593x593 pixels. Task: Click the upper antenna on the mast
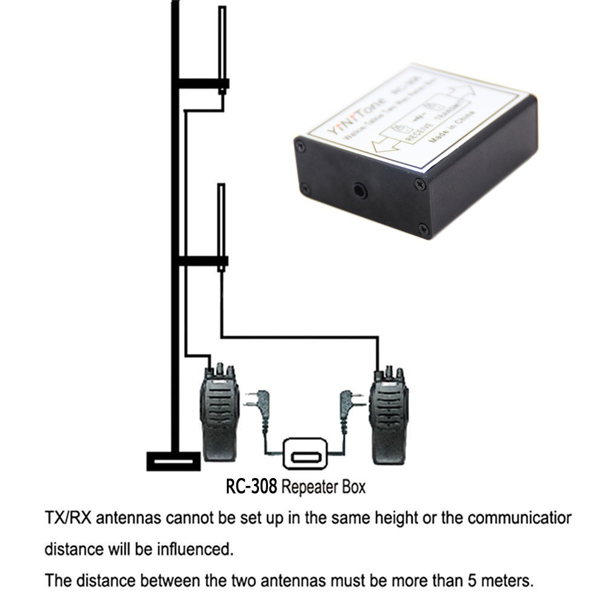tap(222, 45)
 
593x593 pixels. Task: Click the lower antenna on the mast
tap(221, 221)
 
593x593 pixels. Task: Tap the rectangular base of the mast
tap(173, 461)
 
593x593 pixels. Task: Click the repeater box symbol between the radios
tap(305, 454)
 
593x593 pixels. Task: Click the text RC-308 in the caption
tap(252, 487)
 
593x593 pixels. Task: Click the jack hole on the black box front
tap(361, 192)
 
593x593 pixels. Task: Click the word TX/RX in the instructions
tap(68, 519)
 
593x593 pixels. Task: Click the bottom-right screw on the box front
tap(424, 229)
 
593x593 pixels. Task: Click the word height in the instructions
tap(375, 519)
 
